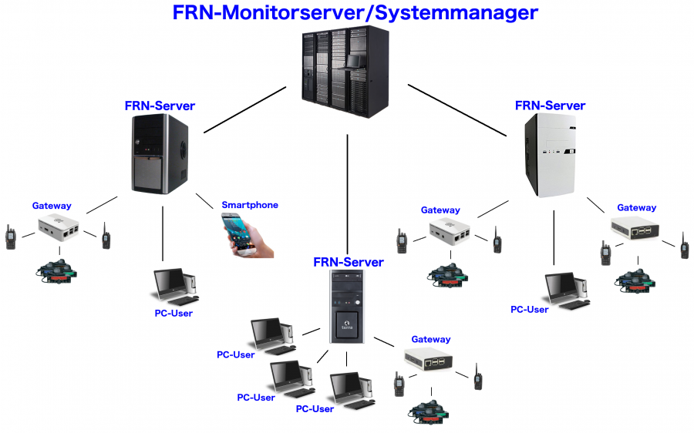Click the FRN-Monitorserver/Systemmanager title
[x=355, y=13]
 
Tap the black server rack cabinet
[x=345, y=72]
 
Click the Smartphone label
[x=250, y=205]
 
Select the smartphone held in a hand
[x=247, y=235]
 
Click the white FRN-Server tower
[x=550, y=155]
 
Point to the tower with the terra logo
[x=347, y=307]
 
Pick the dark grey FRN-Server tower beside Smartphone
[x=160, y=154]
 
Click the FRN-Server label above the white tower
[x=550, y=106]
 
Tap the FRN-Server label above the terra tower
[x=349, y=262]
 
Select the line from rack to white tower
[x=456, y=110]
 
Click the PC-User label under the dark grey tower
[x=173, y=313]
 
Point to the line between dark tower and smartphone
[x=204, y=201]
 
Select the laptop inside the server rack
[x=355, y=61]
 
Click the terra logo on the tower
[x=347, y=326]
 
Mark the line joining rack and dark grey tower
[x=244, y=109]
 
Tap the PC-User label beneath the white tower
[x=529, y=310]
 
